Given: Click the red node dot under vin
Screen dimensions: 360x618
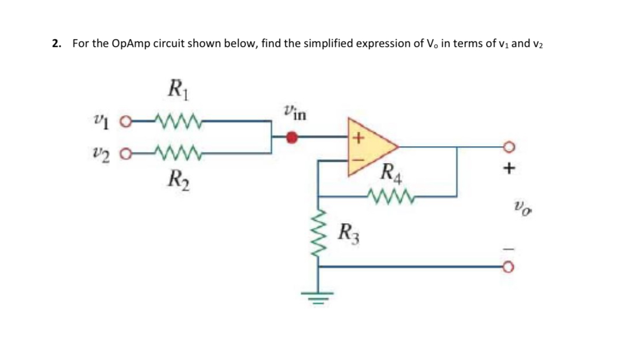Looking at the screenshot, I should pyautogui.click(x=291, y=138).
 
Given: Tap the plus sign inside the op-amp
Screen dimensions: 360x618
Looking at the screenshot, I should pyautogui.click(x=358, y=138).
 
